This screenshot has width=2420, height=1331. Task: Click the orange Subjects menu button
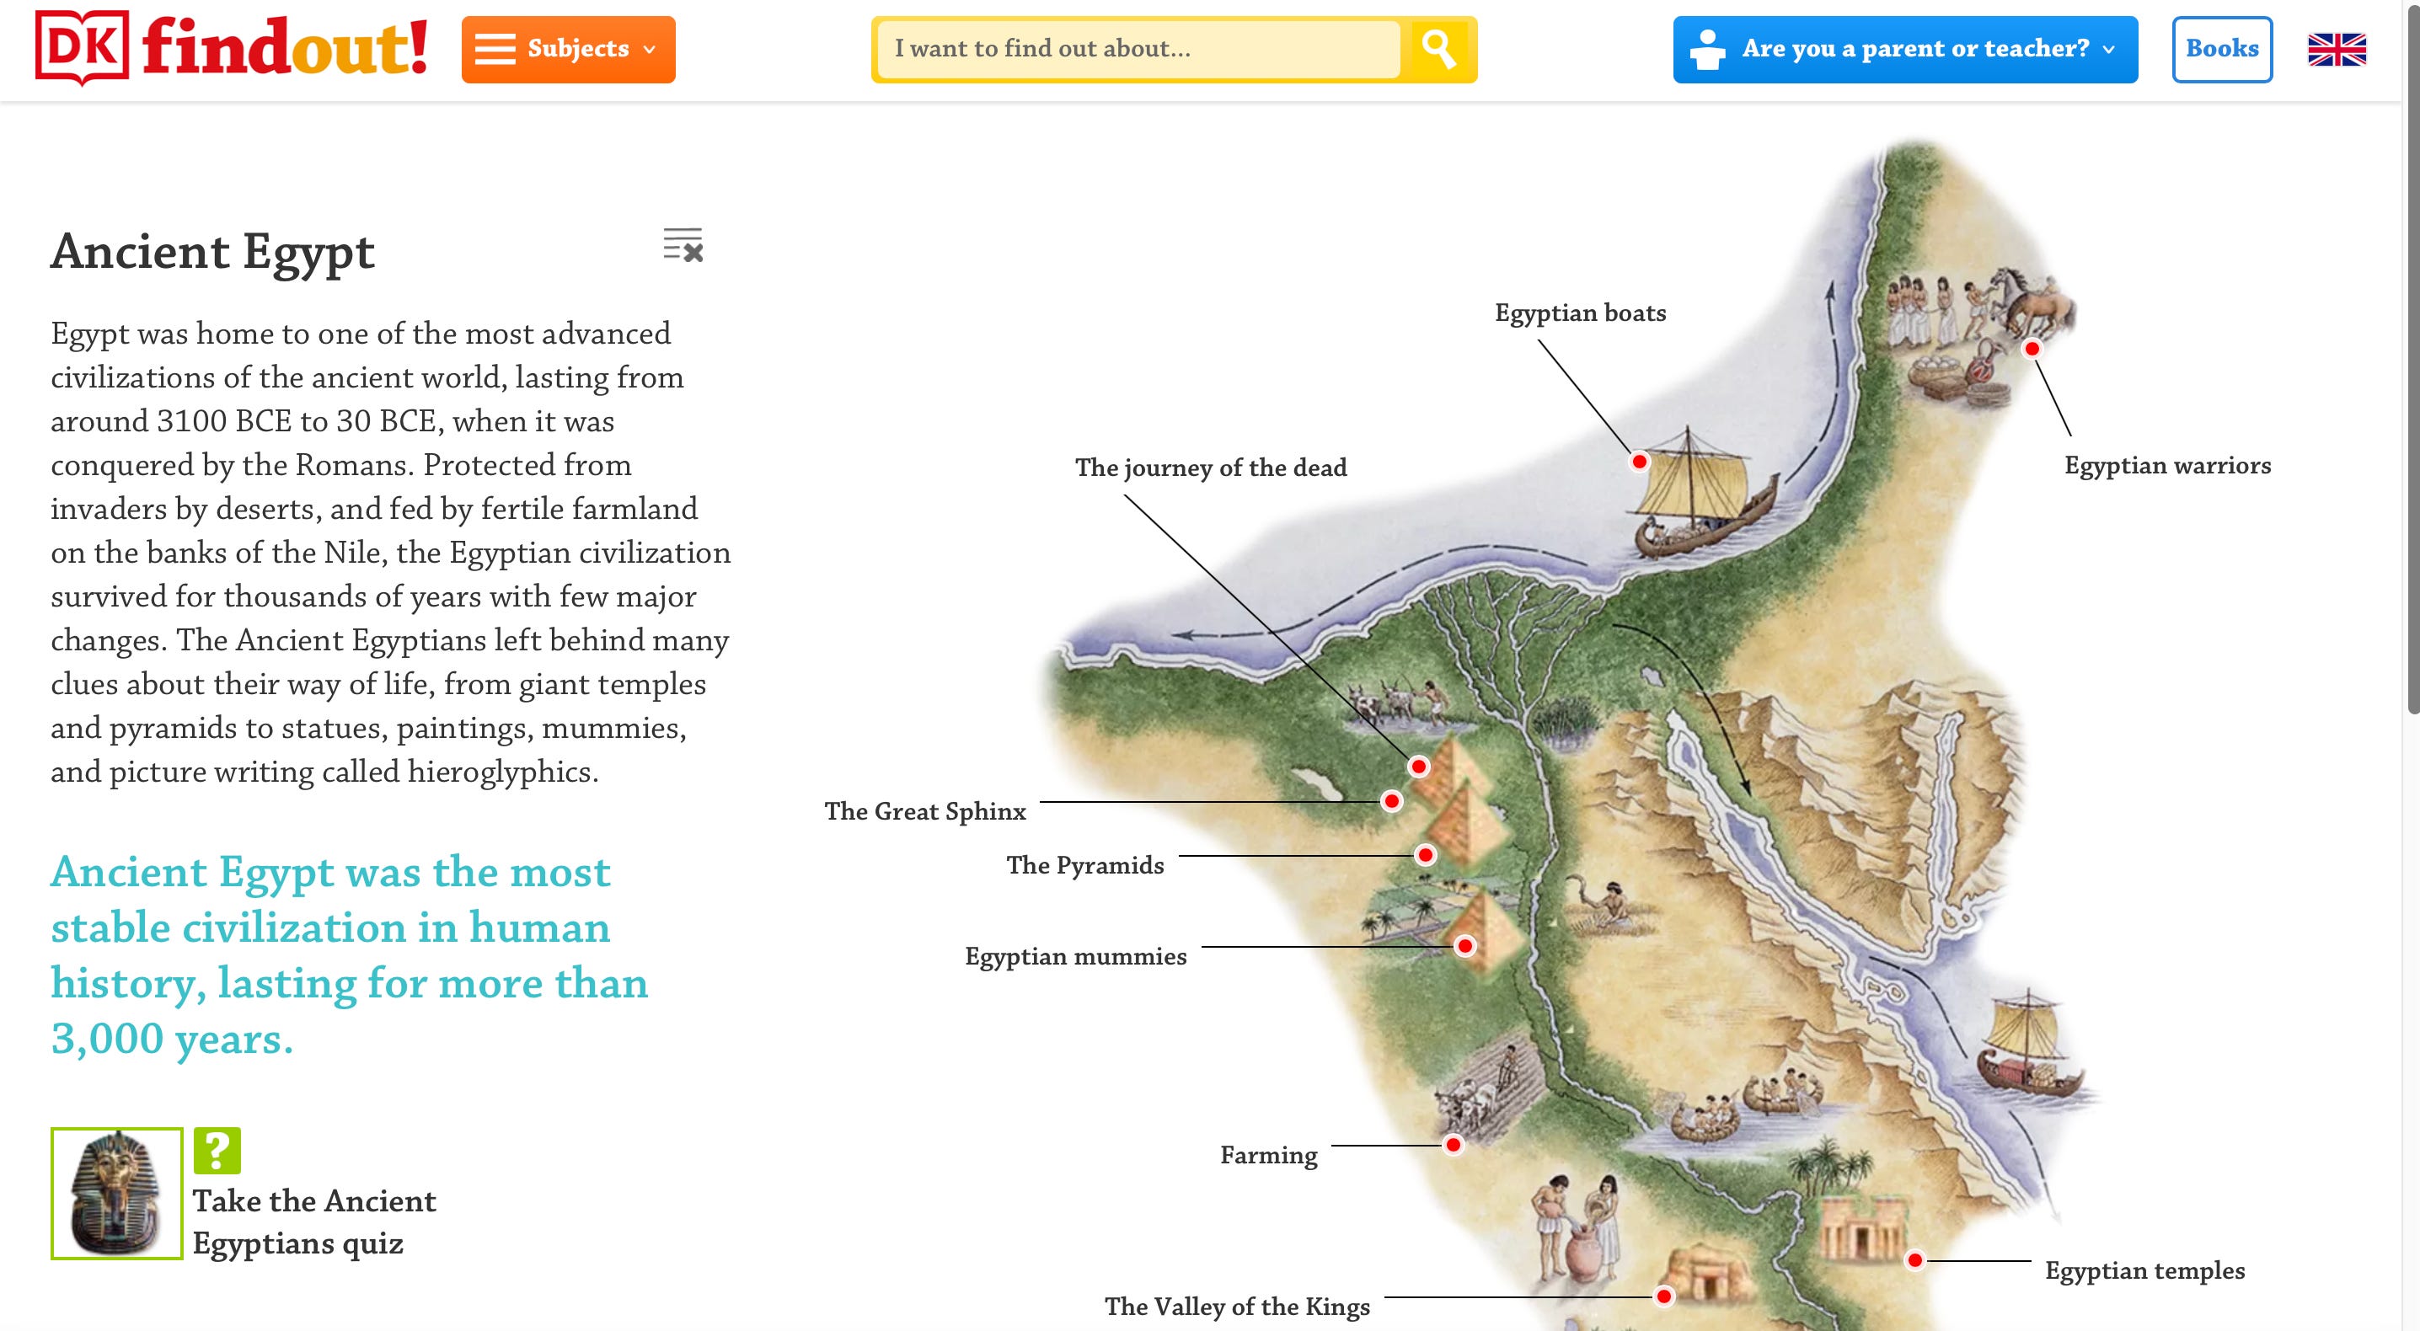(x=567, y=49)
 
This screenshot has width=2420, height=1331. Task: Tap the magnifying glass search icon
(x=1438, y=49)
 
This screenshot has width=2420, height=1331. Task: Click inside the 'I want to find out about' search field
(x=1137, y=49)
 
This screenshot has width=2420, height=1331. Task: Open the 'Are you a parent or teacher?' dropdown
(x=1904, y=49)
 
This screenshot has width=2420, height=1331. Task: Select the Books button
(x=2221, y=49)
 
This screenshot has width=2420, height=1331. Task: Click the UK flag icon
(x=2337, y=50)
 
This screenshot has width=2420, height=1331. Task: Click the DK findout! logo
(x=231, y=47)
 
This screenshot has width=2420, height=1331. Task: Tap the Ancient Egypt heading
(x=213, y=252)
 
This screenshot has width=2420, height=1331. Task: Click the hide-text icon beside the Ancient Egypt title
(x=683, y=245)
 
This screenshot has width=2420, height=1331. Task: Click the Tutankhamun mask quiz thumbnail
(x=116, y=1193)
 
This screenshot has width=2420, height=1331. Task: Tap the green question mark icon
(x=217, y=1150)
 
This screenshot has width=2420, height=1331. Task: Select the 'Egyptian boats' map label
(x=1580, y=313)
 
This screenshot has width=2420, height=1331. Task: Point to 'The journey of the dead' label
(x=1210, y=468)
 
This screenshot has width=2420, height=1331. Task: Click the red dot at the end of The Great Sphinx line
(x=1391, y=801)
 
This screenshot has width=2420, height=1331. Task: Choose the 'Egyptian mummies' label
(x=1076, y=956)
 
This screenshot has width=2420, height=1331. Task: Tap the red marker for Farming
(x=1454, y=1145)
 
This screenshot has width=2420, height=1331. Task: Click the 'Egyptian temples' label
(x=2144, y=1271)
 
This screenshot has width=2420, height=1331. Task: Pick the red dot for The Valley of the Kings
(x=1663, y=1297)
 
